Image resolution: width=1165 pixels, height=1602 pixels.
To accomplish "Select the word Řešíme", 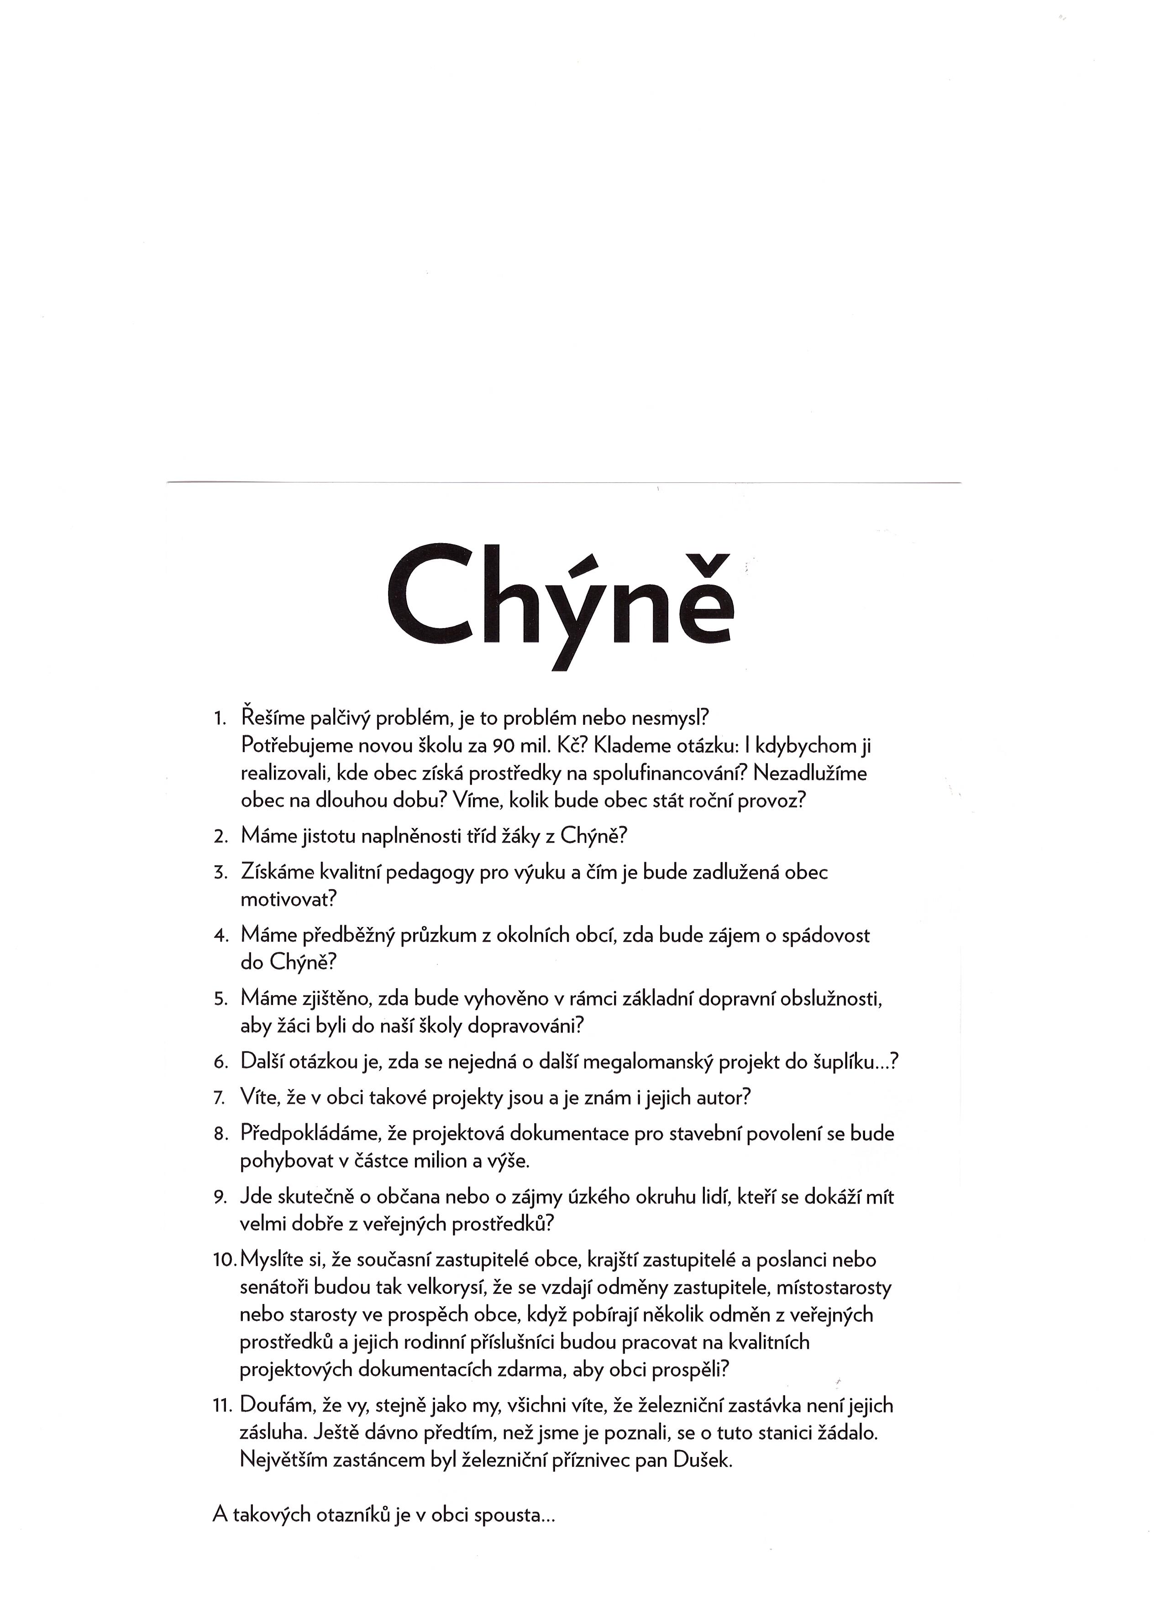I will pyautogui.click(x=274, y=718).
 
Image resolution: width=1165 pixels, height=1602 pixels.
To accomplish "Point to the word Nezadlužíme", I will pyautogui.click(x=810, y=774).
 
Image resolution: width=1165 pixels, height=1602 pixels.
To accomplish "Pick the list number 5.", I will pyautogui.click(x=220, y=1000).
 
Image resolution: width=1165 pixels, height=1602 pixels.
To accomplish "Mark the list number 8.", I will pyautogui.click(x=220, y=1135).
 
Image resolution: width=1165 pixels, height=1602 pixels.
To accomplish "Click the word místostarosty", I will pyautogui.click(x=834, y=1288).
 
